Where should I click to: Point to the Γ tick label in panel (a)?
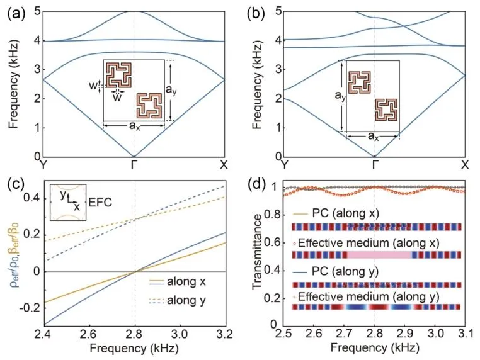pyautogui.click(x=134, y=166)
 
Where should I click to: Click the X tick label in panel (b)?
pyautogui.click(x=464, y=166)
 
